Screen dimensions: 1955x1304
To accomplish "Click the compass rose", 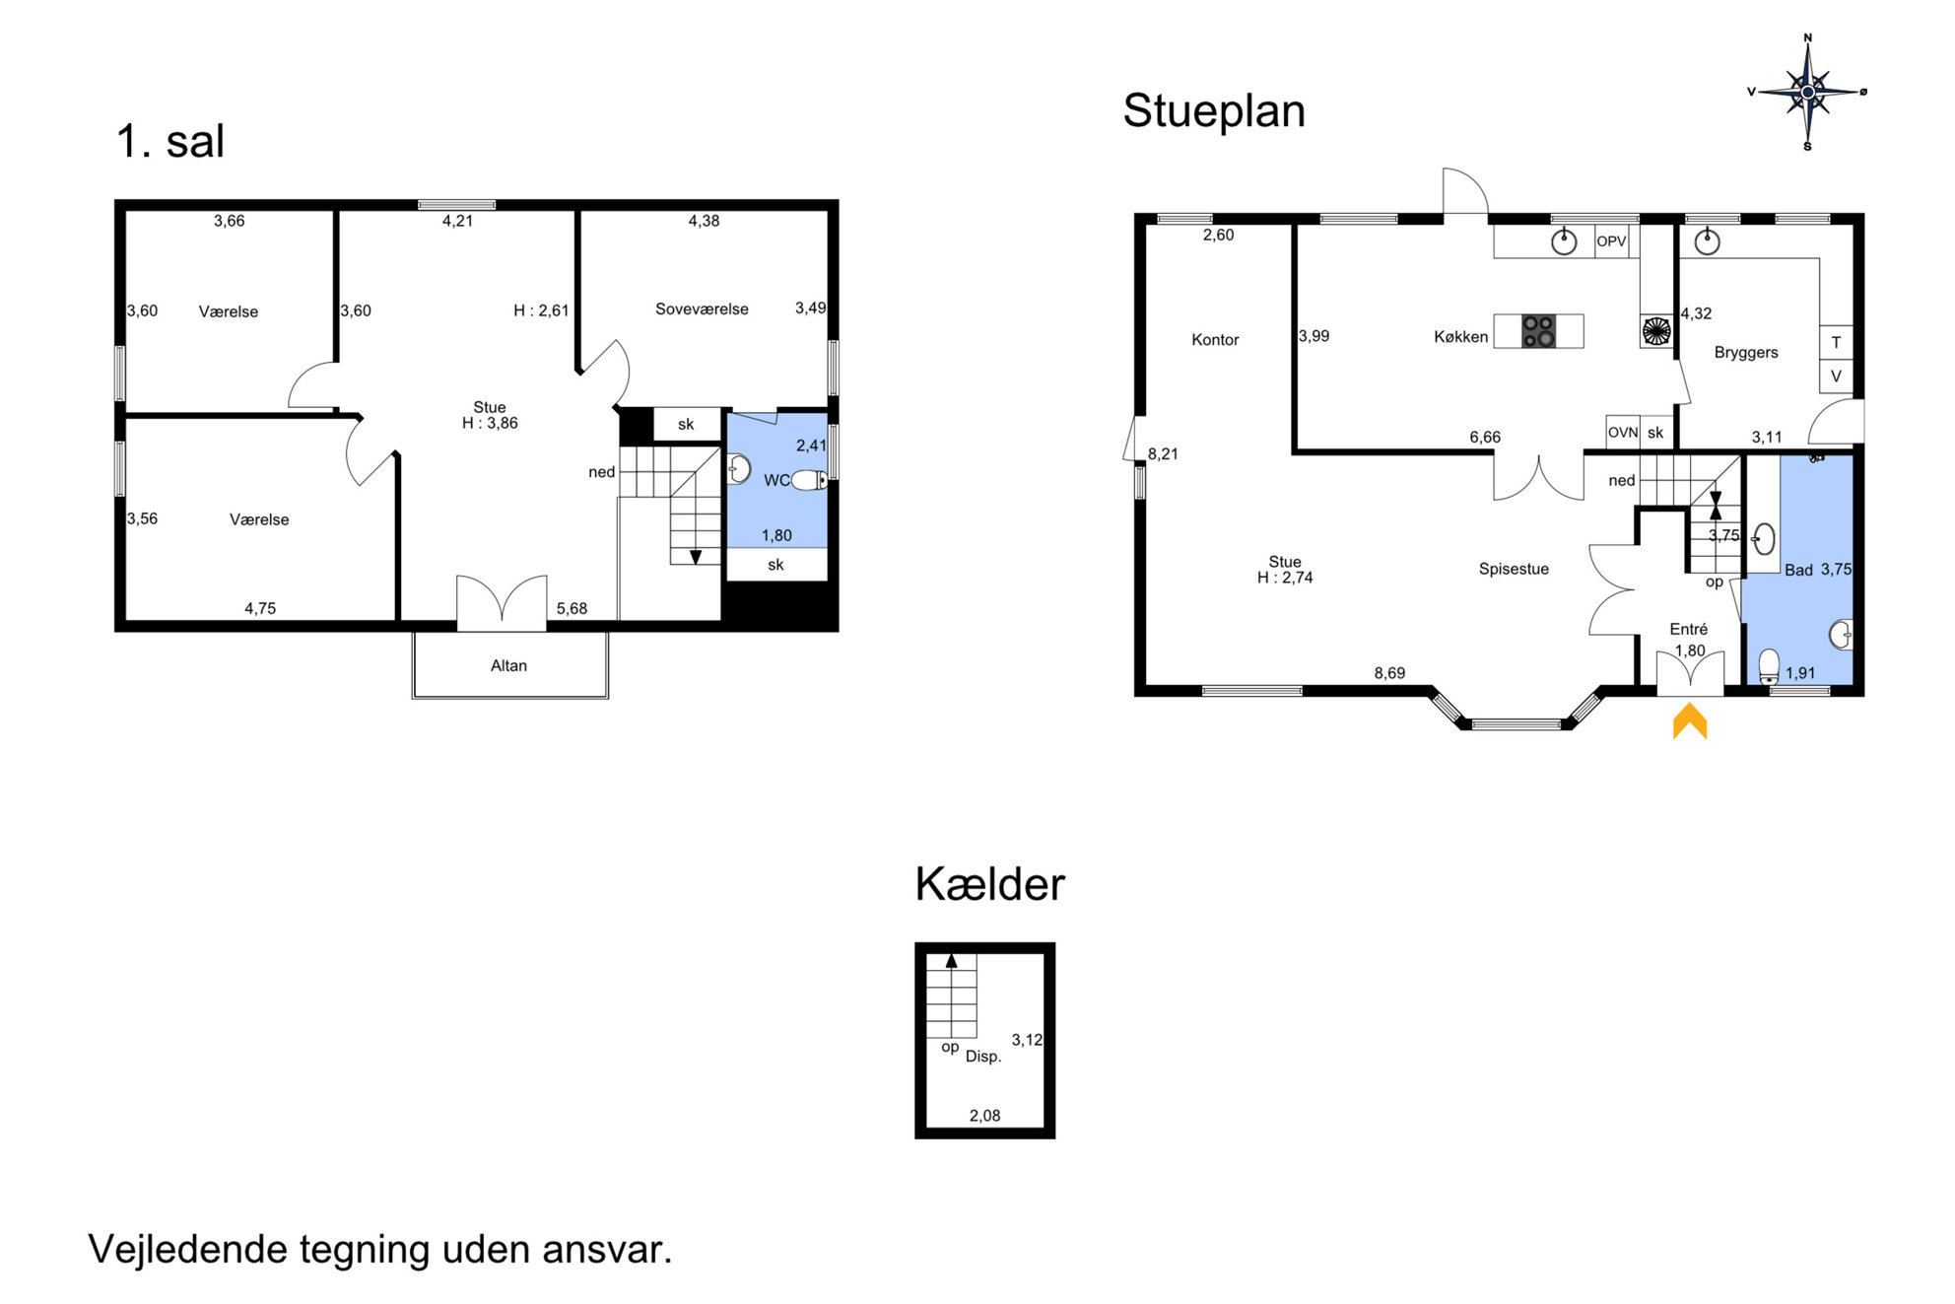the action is pos(1807,93).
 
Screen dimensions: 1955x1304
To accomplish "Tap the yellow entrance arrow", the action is pos(1689,721).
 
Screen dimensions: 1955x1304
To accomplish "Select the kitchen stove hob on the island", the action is pos(1538,331).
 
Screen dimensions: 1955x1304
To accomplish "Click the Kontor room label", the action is pos(1215,340).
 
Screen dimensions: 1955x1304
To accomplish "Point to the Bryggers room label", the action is pos(1745,353).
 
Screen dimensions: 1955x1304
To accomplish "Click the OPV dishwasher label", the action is pos(1611,241).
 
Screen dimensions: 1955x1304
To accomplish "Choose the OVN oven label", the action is pos(1623,433).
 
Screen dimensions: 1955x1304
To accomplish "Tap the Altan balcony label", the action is pos(508,666).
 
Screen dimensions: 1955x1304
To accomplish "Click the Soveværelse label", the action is pos(702,309).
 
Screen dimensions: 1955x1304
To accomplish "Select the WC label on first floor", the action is pos(776,481).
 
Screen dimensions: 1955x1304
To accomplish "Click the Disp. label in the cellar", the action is pos(983,1057).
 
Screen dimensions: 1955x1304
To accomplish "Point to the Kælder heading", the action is pos(989,884).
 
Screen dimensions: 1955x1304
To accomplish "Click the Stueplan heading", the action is pos(1214,111).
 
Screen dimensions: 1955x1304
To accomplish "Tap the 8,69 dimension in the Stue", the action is pos(1389,673).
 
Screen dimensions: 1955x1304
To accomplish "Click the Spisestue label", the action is pos(1514,569).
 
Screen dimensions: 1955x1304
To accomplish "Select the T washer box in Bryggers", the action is pos(1836,343).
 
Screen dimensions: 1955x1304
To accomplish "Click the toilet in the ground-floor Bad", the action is pos(1770,665).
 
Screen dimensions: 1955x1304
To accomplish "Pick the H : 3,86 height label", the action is pos(490,424).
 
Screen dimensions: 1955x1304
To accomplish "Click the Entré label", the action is pos(1688,629).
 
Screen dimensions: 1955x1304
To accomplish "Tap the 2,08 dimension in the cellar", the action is pos(984,1116).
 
